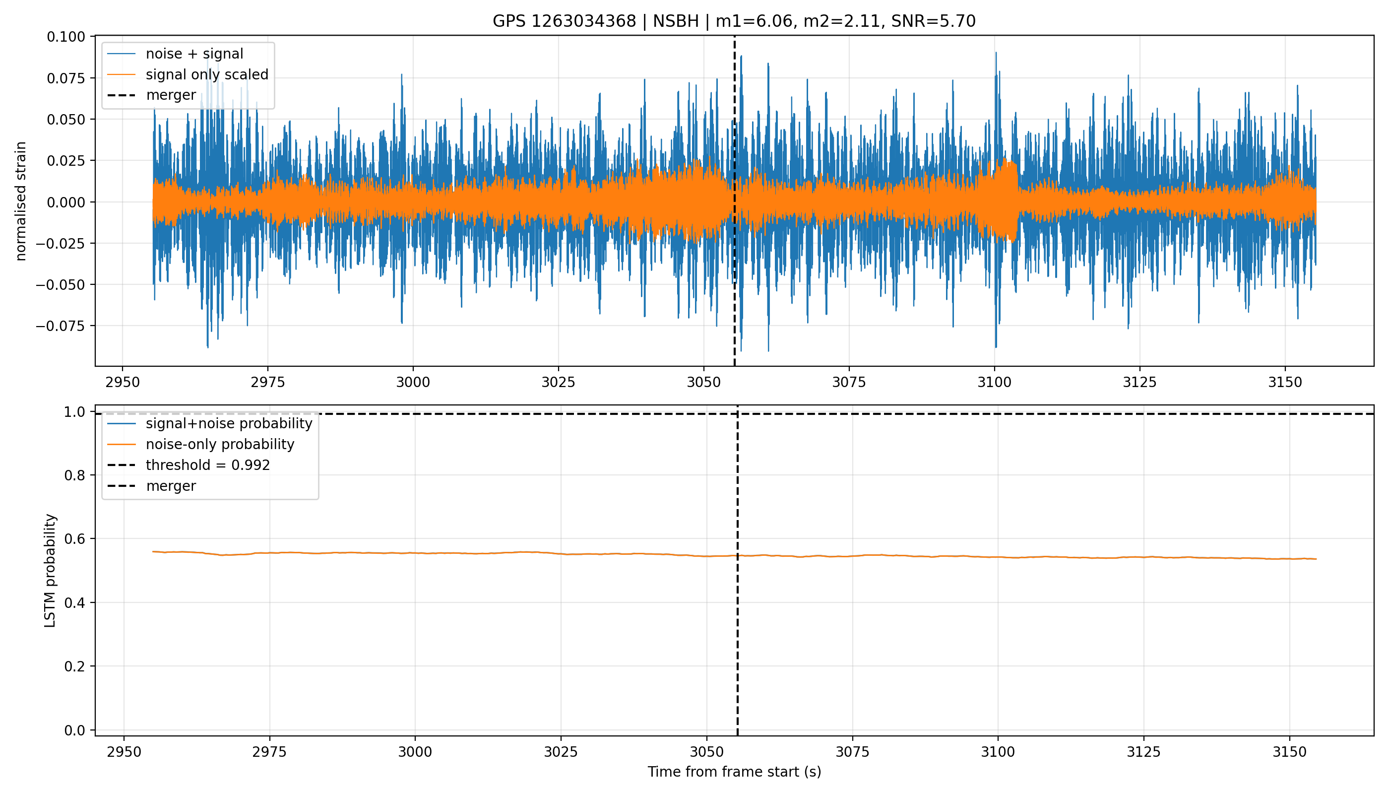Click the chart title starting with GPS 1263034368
click(x=734, y=21)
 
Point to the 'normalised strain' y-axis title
click(x=21, y=201)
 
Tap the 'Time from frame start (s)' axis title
click(x=734, y=772)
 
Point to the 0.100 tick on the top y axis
click(x=66, y=37)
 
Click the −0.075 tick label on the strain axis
click(x=61, y=326)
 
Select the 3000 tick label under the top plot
click(x=413, y=382)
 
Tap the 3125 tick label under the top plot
click(x=1139, y=382)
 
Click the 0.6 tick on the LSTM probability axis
click(x=75, y=539)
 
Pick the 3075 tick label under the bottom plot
click(x=852, y=752)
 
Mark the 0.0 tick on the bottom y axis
click(x=75, y=730)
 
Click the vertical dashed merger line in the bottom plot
click(x=738, y=570)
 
